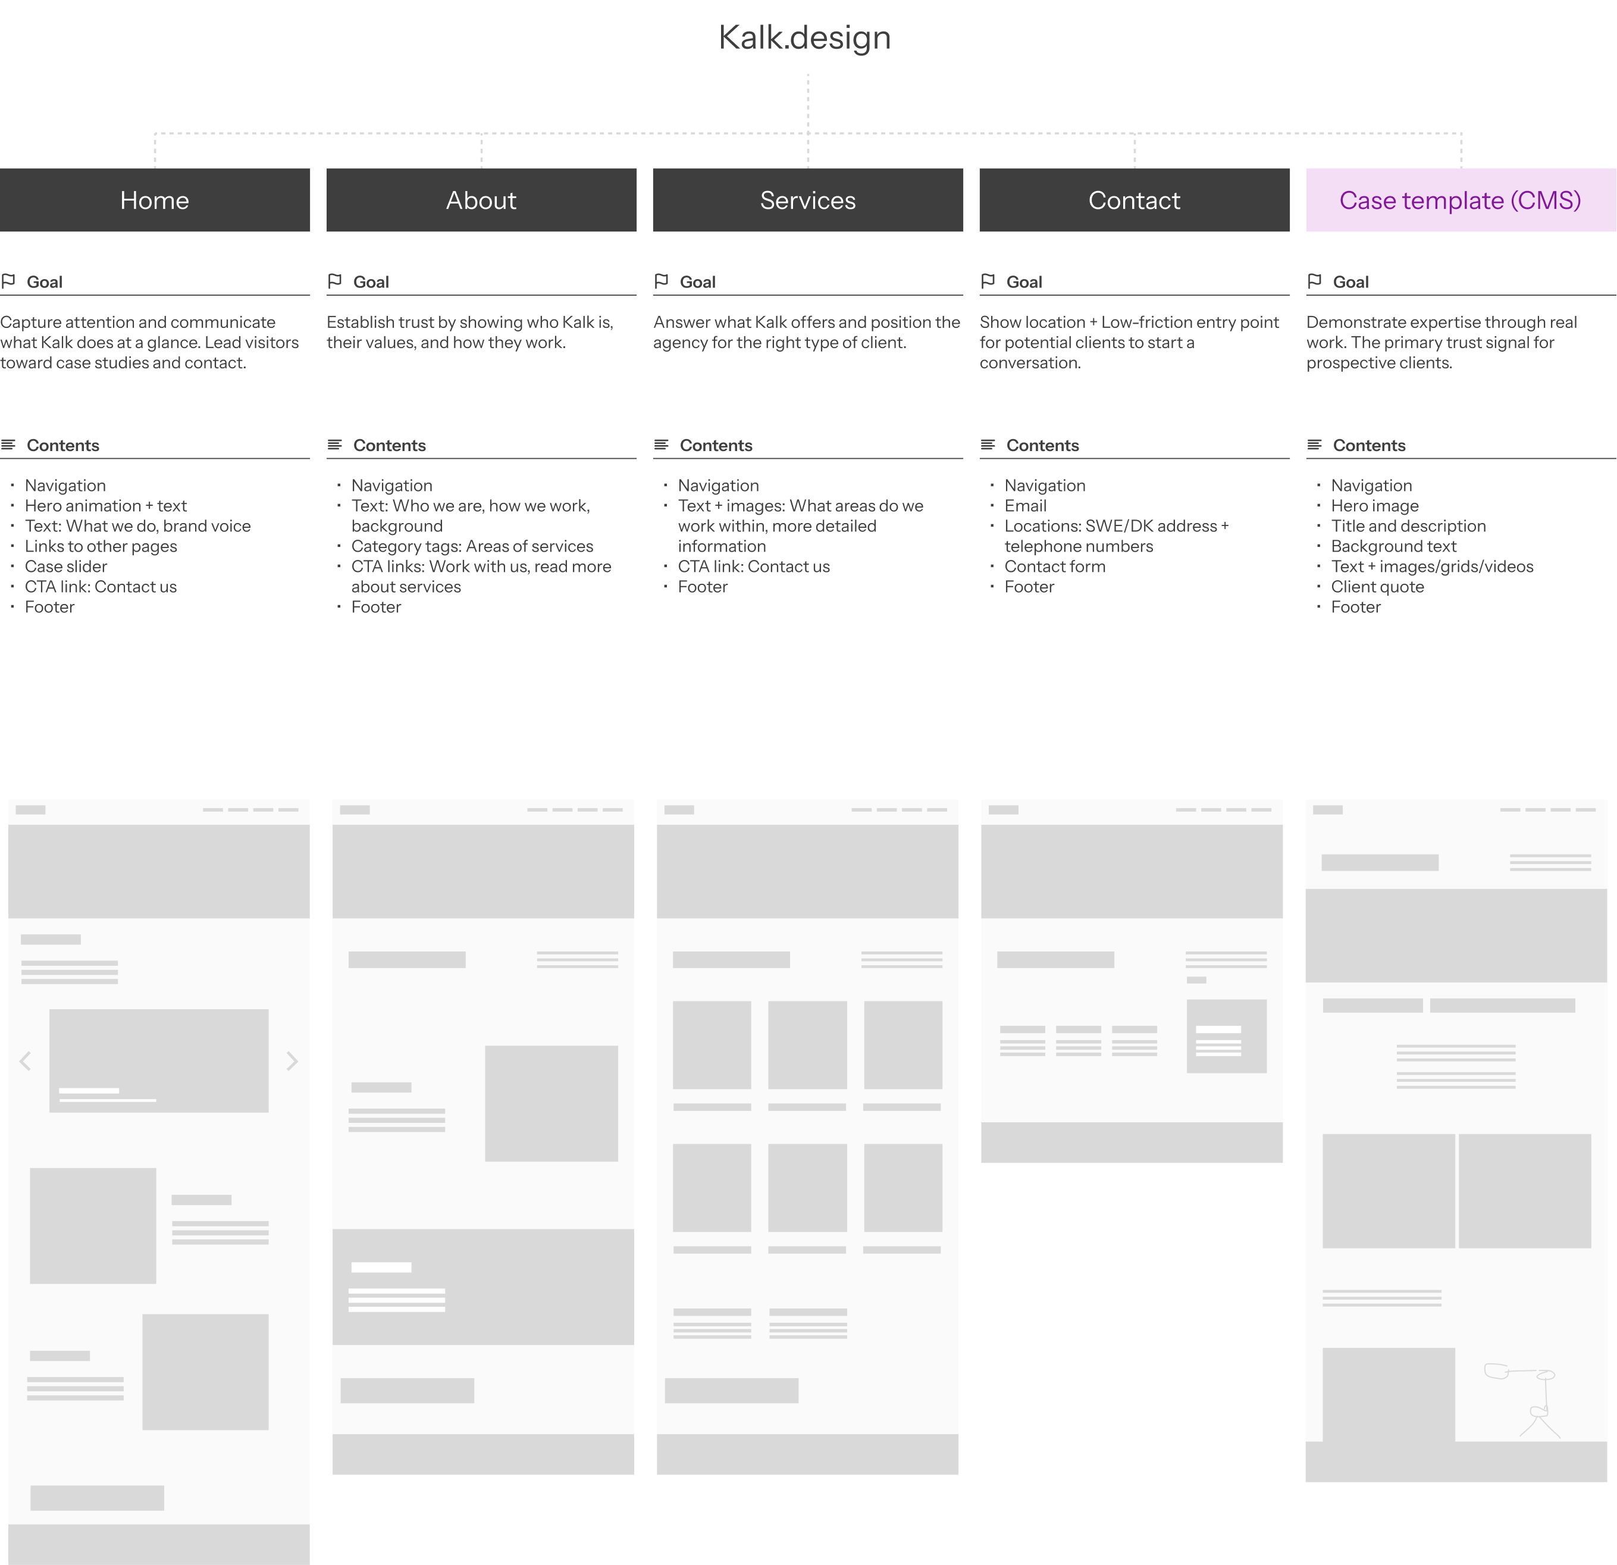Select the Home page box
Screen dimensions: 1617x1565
155,200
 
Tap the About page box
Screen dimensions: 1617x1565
482,200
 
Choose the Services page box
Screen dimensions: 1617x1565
808,200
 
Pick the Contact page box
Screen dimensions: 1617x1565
1135,200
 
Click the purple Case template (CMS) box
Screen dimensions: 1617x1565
1461,200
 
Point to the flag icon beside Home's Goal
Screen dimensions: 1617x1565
9,281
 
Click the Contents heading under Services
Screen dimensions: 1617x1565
716,446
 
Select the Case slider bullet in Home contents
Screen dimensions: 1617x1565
66,566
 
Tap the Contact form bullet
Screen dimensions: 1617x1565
1055,566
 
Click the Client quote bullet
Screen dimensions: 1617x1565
1378,587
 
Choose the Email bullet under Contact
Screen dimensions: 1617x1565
1026,506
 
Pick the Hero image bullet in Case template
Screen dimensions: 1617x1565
1375,506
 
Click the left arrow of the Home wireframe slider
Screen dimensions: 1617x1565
26,1061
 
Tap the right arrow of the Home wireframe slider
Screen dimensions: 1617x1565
292,1061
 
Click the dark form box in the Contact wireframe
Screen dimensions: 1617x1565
1227,1036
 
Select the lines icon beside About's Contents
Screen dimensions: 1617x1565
334,445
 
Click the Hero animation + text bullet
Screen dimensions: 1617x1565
106,506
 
